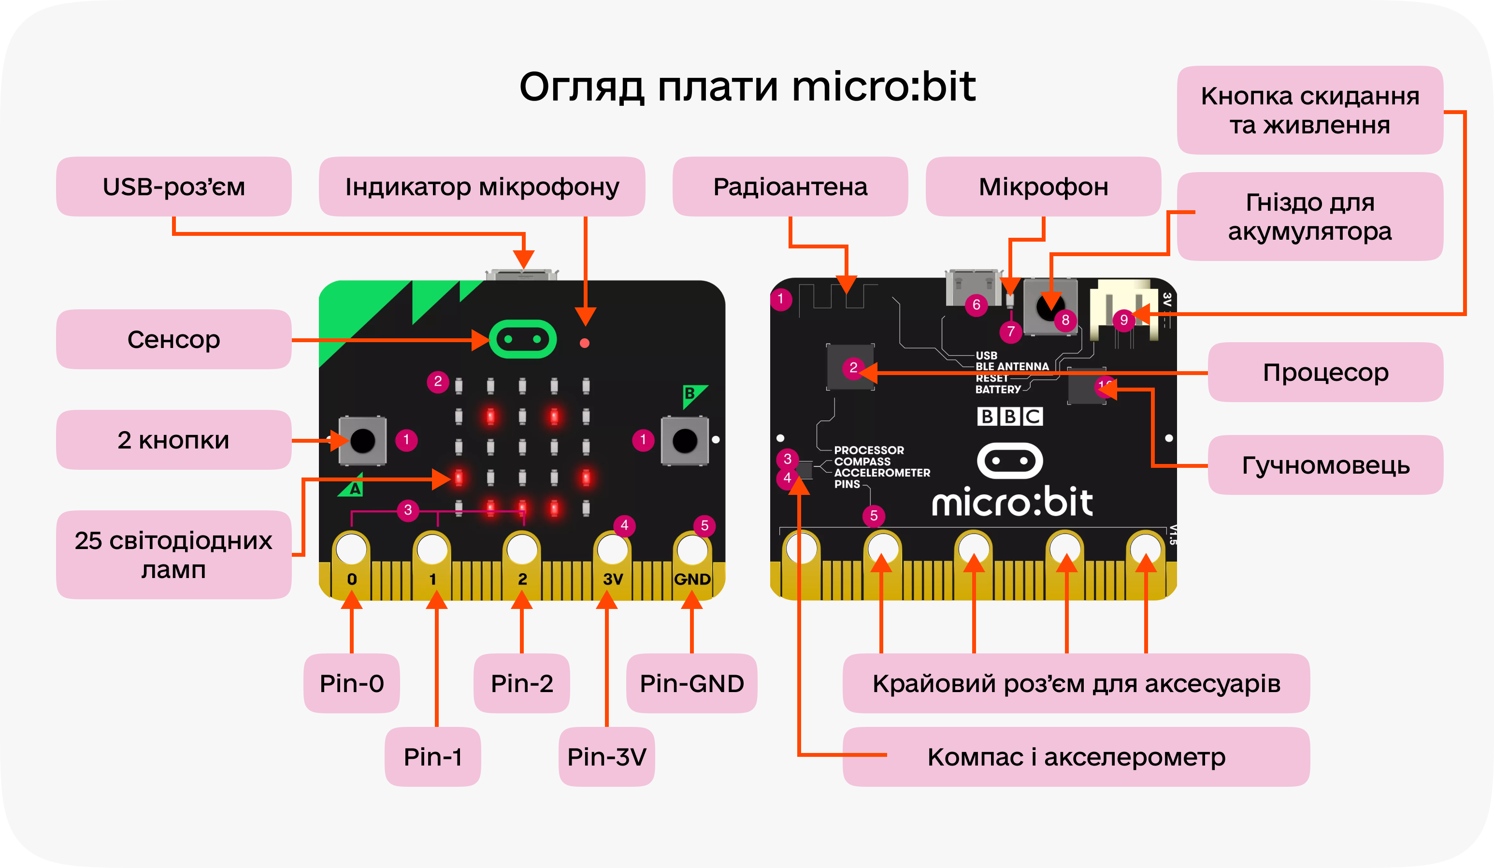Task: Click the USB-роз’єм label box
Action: (174, 187)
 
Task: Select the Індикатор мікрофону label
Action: (482, 187)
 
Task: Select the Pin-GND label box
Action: (691, 683)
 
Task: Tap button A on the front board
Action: (363, 440)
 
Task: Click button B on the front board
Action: (685, 440)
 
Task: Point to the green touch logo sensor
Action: (522, 339)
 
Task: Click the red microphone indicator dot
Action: (585, 343)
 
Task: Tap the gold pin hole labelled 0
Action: (352, 550)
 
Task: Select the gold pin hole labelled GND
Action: (691, 550)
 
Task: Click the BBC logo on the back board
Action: (1010, 416)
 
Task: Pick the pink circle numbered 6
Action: (977, 305)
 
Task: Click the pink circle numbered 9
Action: (1123, 320)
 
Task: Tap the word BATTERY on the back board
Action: (998, 390)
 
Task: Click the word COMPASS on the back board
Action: (862, 461)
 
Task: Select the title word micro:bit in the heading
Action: (883, 87)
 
